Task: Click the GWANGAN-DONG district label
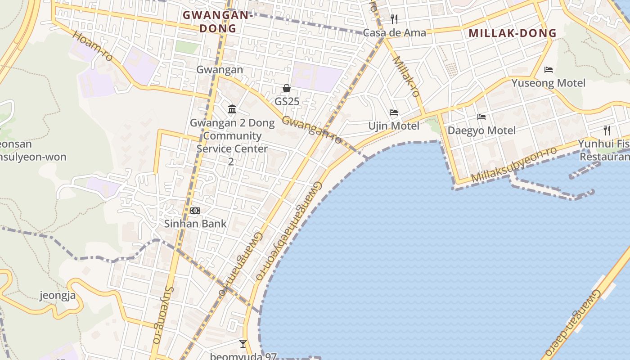click(217, 22)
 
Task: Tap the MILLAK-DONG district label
click(513, 33)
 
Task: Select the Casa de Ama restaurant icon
click(394, 19)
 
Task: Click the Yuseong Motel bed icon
click(549, 70)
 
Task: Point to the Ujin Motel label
click(394, 126)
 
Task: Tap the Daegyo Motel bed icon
click(481, 117)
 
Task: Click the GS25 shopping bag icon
click(287, 88)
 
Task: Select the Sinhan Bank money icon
click(195, 210)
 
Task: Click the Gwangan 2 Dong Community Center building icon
click(232, 109)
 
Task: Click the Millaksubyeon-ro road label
click(514, 164)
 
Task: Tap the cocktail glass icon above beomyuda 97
click(243, 344)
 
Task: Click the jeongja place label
click(58, 296)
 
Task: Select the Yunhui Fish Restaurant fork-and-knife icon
click(607, 130)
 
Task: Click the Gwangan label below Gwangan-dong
click(220, 70)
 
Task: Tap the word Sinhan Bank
click(195, 224)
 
